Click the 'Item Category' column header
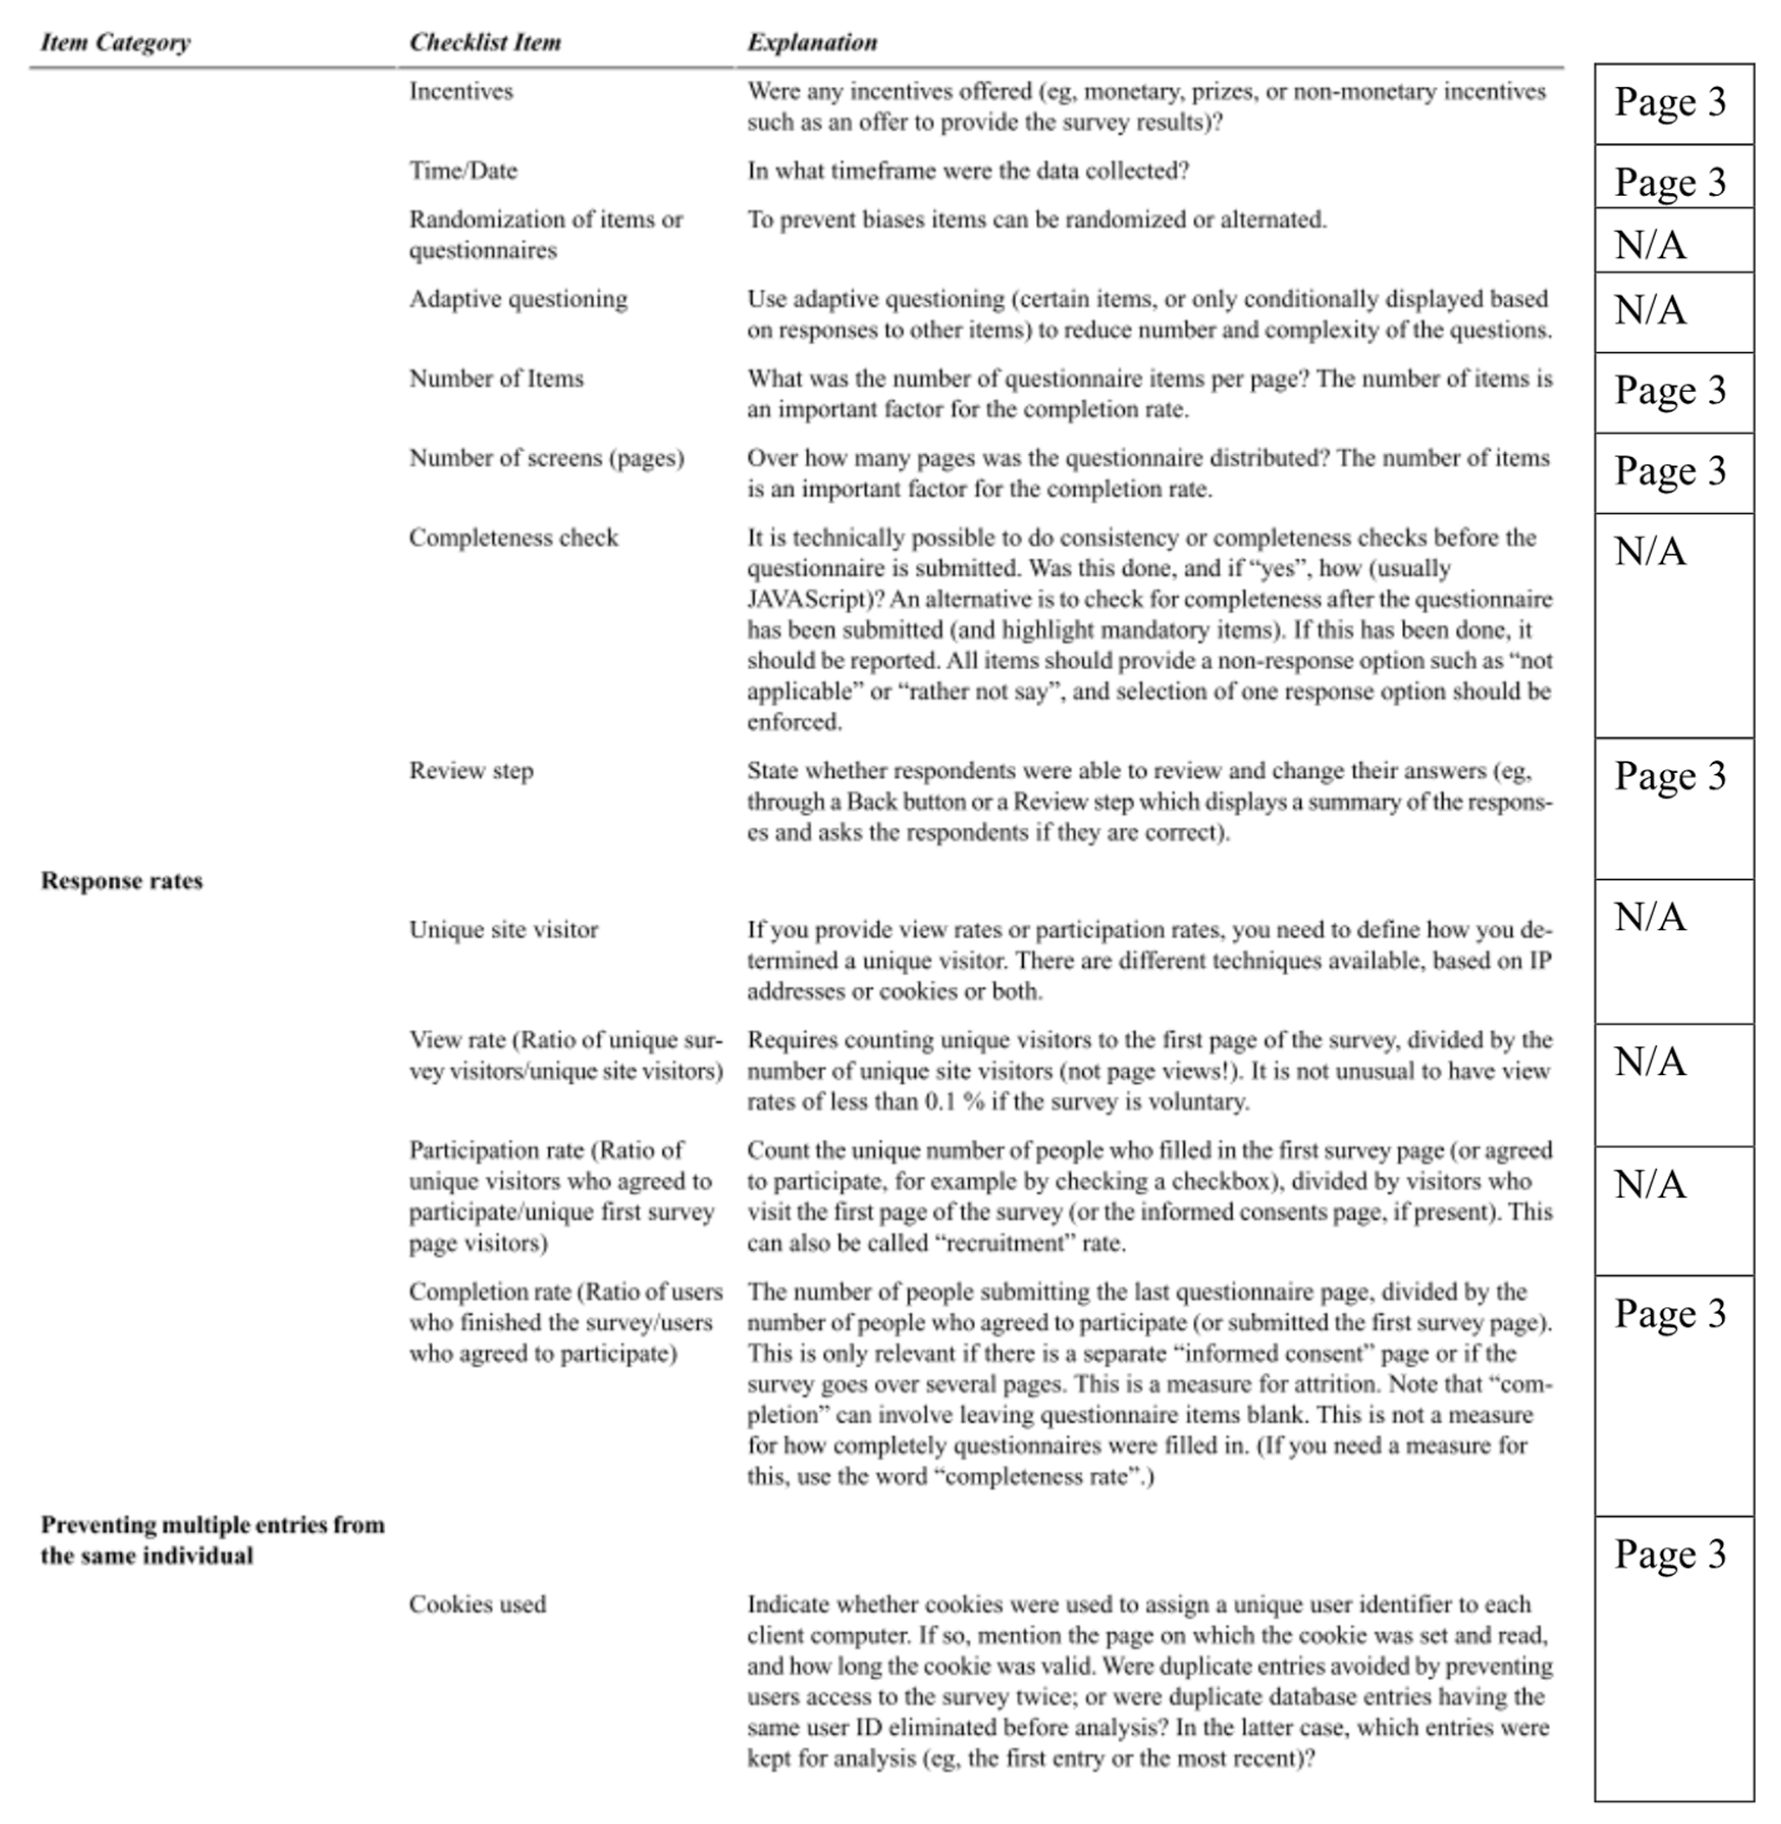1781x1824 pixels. [115, 42]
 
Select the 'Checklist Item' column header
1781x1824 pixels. [485, 42]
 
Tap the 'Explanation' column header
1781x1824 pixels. [812, 42]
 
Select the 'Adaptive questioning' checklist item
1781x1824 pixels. [518, 299]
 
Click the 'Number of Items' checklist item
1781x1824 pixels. [496, 379]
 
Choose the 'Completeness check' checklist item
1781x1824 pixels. [514, 538]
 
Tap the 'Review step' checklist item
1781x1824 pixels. [470, 771]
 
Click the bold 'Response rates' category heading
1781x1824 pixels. [122, 881]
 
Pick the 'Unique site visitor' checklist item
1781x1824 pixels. [503, 930]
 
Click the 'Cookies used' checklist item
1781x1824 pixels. [477, 1604]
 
